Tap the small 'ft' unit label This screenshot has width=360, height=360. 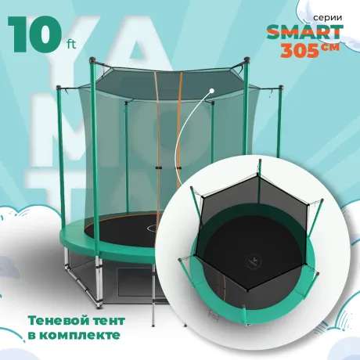tap(70, 45)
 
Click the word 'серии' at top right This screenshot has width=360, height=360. tap(327, 17)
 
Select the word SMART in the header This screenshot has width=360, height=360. tap(304, 32)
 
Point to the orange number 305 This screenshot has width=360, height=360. tap(300, 50)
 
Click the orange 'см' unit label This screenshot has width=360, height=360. tap(330, 47)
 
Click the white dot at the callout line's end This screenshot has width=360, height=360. tap(212, 91)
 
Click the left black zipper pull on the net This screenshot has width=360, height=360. tap(158, 167)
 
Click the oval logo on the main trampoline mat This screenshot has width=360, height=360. tap(153, 229)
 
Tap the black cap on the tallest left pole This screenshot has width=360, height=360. tap(92, 60)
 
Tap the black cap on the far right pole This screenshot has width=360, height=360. tap(280, 87)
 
